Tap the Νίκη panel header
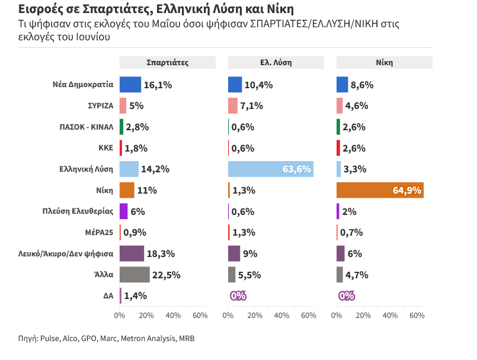point(384,62)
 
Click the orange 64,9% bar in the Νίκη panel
point(380,190)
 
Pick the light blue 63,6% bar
point(271,169)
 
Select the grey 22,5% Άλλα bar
point(135,275)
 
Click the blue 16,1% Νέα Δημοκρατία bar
point(130,85)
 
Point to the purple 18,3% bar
point(132,253)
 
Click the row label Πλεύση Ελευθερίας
point(78,211)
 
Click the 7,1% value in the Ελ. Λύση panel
point(252,106)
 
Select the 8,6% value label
point(362,85)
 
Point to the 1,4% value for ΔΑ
point(135,296)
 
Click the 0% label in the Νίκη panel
point(346,296)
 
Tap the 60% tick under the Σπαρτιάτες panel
point(200,316)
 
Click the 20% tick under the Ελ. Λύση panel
point(255,316)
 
